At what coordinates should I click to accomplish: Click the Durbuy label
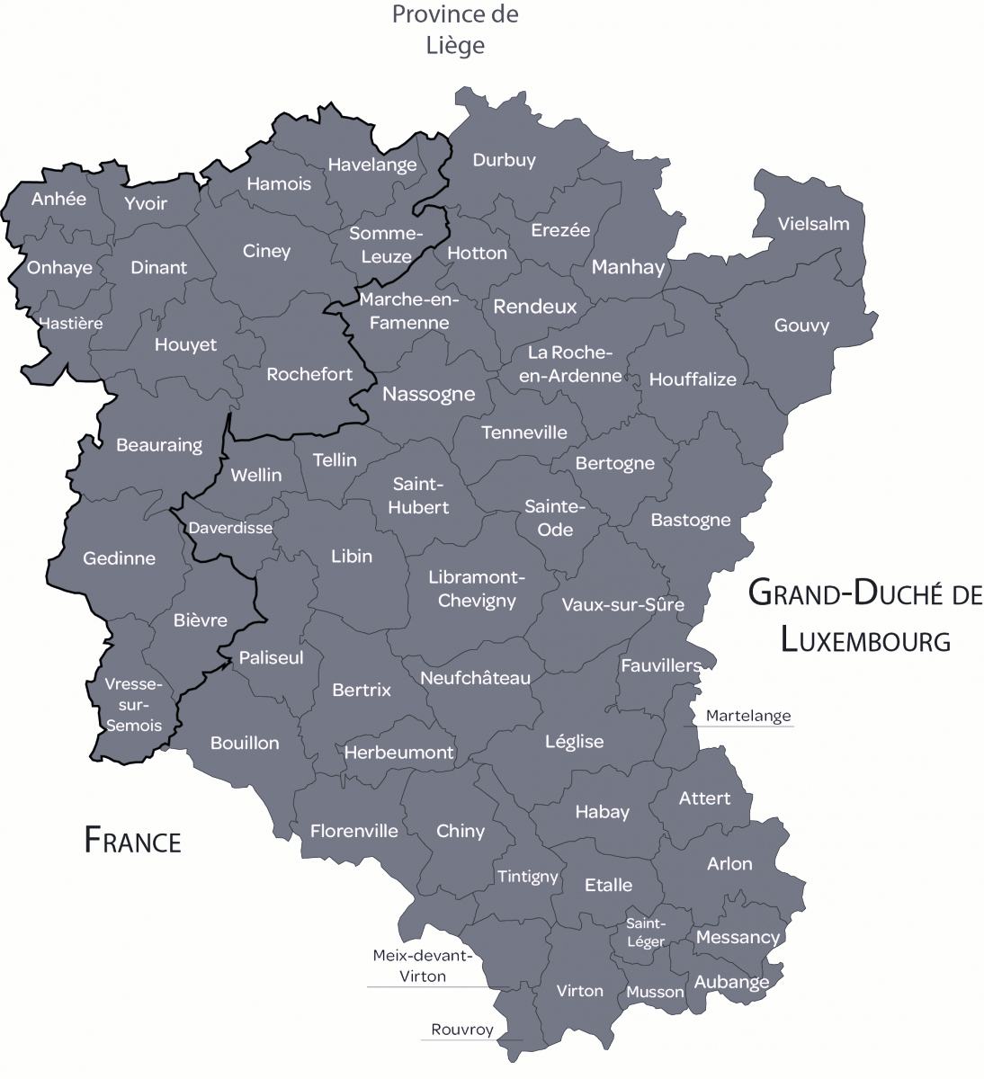click(504, 160)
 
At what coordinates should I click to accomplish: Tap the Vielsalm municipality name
click(813, 223)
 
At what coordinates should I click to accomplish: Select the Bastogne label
click(690, 520)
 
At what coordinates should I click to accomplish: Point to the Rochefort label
click(309, 373)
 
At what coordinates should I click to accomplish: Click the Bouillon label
click(245, 743)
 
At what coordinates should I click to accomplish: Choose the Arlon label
click(729, 863)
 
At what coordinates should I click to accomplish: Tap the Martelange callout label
click(748, 716)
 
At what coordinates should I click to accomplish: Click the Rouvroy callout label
click(462, 1030)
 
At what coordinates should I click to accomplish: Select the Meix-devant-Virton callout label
click(422, 966)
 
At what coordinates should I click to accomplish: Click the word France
click(132, 840)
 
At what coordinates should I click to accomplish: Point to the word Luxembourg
click(865, 639)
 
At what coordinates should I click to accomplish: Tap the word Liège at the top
click(455, 45)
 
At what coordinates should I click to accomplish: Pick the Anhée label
click(58, 199)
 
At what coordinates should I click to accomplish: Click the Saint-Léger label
click(646, 932)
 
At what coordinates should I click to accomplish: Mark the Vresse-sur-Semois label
click(134, 704)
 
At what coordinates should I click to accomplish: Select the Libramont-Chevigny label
click(477, 589)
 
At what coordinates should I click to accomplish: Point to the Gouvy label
click(801, 325)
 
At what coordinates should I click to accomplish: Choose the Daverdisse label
click(230, 528)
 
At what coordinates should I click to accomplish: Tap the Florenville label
click(353, 831)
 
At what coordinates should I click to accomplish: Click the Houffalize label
click(693, 379)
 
